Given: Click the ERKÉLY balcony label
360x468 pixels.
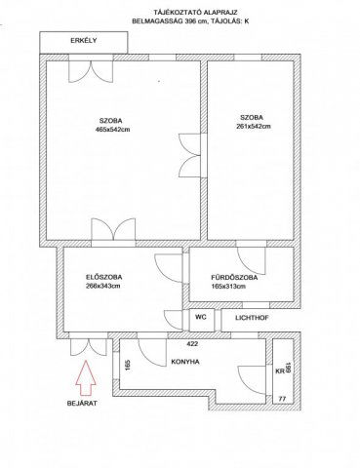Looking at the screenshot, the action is (84, 41).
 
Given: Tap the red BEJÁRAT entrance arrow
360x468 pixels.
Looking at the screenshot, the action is (86, 377).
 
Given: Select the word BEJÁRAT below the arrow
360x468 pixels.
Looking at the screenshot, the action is (82, 404).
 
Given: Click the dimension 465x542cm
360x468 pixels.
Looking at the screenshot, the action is (112, 130).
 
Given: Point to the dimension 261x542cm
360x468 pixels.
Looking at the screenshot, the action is (254, 126).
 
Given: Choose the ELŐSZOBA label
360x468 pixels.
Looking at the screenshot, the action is (104, 277).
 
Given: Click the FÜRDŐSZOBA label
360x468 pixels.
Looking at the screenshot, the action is (234, 278).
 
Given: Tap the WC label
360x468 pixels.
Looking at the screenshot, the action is (201, 317).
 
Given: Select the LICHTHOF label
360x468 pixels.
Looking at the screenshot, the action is (252, 318).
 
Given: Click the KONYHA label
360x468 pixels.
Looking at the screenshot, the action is (185, 362).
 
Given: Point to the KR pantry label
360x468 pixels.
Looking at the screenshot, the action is (280, 371).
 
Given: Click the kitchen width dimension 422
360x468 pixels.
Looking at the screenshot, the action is (192, 344).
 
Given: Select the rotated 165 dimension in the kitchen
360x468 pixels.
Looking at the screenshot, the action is (127, 366).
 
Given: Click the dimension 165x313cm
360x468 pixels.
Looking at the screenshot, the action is (228, 287).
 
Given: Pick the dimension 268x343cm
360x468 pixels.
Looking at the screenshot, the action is (103, 286).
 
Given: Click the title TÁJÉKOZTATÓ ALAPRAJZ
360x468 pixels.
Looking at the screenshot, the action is (195, 13).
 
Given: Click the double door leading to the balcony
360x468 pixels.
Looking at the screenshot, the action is (91, 69).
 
